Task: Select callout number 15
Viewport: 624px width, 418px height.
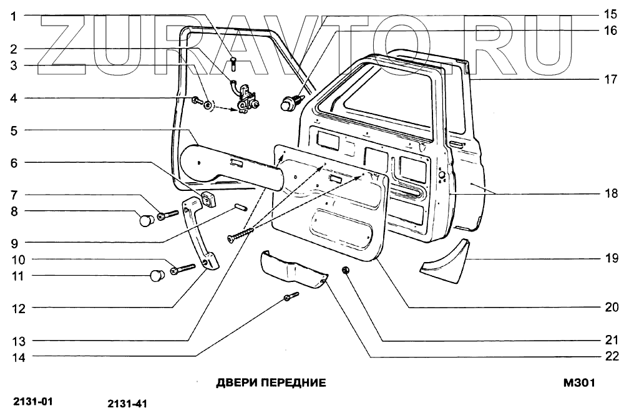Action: coord(610,14)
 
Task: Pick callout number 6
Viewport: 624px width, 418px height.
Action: coord(12,163)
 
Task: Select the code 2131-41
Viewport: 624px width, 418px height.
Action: coord(127,404)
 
